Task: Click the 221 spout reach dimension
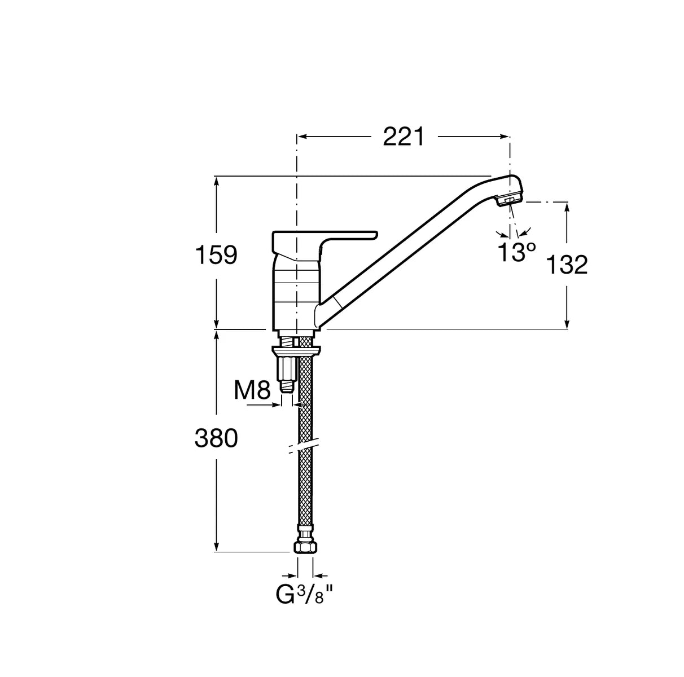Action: point(404,137)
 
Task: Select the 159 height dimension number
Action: point(216,255)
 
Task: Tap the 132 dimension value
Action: point(567,265)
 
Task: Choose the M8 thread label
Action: point(252,390)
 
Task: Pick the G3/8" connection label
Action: point(305,595)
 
